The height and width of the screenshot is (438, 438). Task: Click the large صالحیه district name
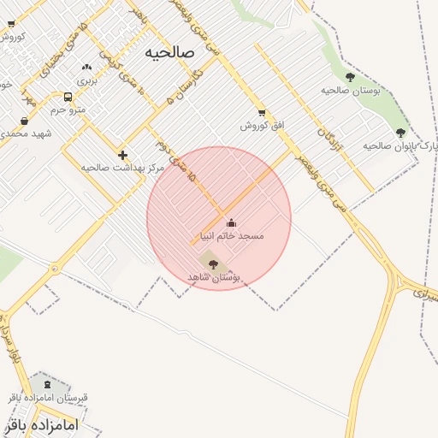pos(170,52)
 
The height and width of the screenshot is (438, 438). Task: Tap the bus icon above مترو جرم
pos(68,97)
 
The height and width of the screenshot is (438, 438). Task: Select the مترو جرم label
pos(68,109)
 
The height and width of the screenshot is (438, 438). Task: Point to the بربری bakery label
pos(86,80)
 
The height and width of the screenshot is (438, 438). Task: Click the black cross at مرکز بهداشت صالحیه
pos(123,155)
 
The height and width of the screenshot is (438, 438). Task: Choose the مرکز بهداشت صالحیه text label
pos(122,168)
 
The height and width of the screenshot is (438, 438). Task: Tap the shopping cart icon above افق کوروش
pos(261,113)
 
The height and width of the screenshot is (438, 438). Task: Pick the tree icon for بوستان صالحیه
pos(350,77)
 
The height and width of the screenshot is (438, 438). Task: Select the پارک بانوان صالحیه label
pos(400,145)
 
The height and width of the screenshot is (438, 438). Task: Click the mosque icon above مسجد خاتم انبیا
pos(231,223)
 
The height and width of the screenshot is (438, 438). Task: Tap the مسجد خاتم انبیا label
pos(232,235)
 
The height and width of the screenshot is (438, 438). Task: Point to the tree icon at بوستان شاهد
pos(213,264)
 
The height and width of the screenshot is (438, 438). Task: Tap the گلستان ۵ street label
pos(177,87)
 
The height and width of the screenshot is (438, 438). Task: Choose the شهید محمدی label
pos(26,133)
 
